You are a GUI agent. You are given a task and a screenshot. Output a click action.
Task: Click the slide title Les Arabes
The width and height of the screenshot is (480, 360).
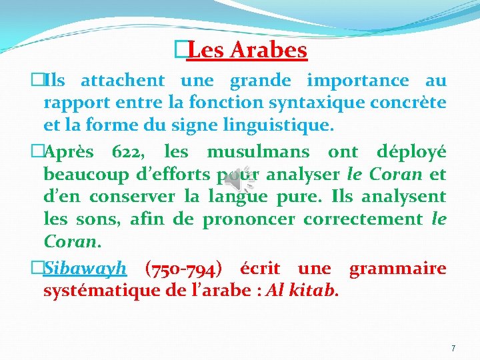(247, 50)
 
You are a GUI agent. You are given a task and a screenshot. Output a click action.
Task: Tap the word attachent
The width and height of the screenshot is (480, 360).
(123, 81)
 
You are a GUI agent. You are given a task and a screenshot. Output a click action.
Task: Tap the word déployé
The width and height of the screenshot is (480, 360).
(411, 152)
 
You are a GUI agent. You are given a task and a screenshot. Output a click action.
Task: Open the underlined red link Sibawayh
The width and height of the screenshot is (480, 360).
(85, 269)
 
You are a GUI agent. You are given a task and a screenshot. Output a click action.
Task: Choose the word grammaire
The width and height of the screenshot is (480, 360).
(398, 269)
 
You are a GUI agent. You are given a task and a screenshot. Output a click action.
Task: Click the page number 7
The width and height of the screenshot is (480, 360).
(453, 348)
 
